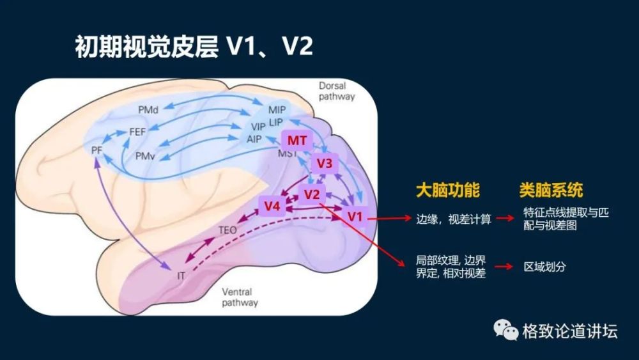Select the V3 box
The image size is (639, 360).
(325, 164)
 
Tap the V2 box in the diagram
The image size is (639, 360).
(311, 194)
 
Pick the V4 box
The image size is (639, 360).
(273, 206)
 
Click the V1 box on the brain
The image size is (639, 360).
(355, 217)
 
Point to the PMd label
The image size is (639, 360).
(148, 110)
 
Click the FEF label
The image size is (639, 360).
(138, 132)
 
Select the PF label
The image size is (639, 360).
(98, 150)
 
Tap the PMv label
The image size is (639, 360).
(145, 155)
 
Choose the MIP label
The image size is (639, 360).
(277, 109)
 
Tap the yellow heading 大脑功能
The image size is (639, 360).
(447, 191)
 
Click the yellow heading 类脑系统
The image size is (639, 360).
(551, 191)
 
